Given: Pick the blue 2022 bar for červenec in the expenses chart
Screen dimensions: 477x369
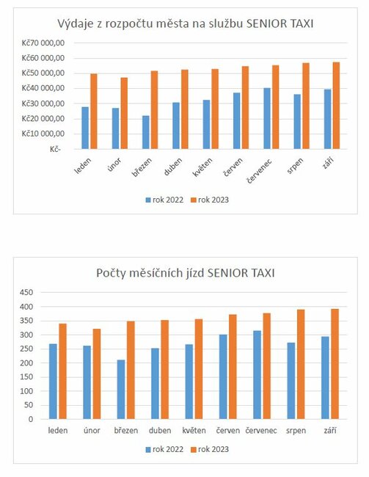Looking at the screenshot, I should tap(267, 118).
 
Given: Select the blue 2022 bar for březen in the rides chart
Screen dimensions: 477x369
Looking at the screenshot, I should tap(120, 389).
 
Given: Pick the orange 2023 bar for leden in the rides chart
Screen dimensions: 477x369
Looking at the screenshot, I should tap(62, 371).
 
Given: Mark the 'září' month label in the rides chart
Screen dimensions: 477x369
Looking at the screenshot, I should tap(329, 430).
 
